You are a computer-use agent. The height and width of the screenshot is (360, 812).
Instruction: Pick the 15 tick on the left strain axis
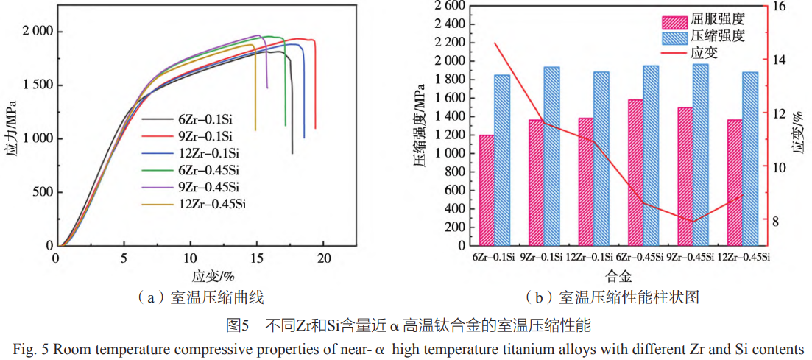257,258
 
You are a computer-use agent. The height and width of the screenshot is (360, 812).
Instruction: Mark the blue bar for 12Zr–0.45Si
750,158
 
